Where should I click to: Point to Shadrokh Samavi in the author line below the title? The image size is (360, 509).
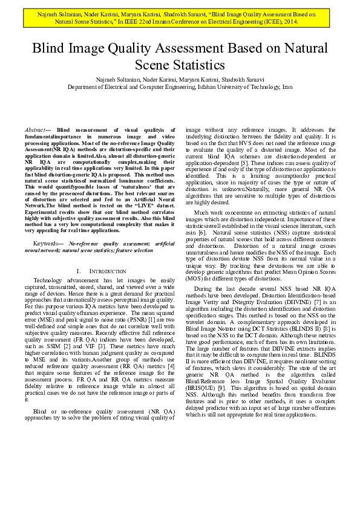243,80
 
